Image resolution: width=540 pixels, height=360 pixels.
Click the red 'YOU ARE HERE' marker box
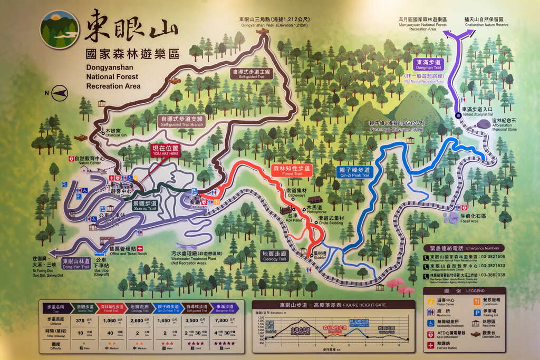point(166,150)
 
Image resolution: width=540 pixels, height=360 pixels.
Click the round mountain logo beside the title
point(60,29)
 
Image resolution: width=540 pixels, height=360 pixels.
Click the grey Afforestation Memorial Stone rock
point(483,124)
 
